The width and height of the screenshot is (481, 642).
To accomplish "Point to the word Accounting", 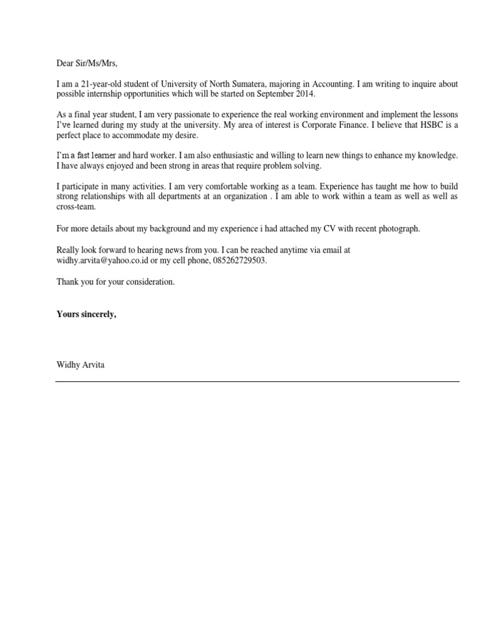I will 323,84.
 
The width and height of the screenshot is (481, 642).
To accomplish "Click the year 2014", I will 304,93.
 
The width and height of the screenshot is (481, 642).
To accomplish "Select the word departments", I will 184,196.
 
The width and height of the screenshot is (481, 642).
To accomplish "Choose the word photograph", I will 397,228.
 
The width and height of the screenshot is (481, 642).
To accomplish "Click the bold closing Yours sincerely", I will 86,314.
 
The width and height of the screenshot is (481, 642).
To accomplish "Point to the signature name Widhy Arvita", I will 81,364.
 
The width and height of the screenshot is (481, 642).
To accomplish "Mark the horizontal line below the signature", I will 257,381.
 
